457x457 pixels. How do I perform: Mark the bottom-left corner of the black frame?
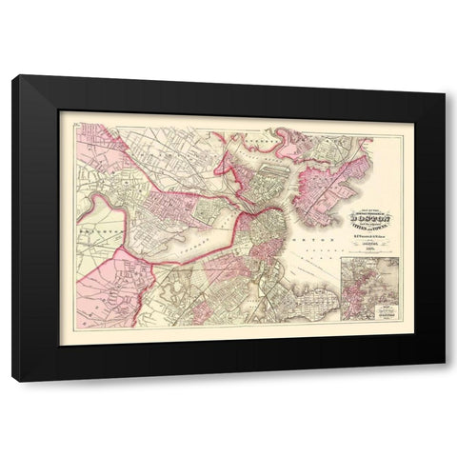pos(13,380)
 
